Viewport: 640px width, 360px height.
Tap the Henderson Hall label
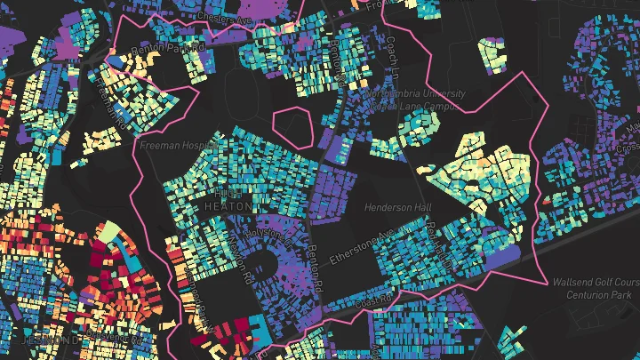pyautogui.click(x=397, y=207)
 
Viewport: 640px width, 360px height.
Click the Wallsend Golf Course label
pyautogui.click(x=595, y=282)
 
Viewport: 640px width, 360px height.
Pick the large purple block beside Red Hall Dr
pyautogui.click(x=502, y=258)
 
